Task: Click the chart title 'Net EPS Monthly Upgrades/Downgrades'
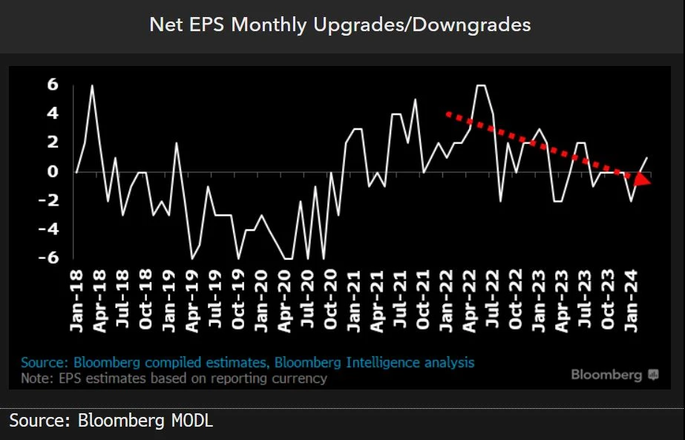(340, 24)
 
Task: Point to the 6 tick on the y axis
(53, 85)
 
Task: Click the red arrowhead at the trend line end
(641, 178)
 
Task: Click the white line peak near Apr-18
(92, 86)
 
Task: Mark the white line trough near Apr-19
(192, 258)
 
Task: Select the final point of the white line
(647, 158)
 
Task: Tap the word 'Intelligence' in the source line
(390, 363)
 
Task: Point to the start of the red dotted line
(447, 114)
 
